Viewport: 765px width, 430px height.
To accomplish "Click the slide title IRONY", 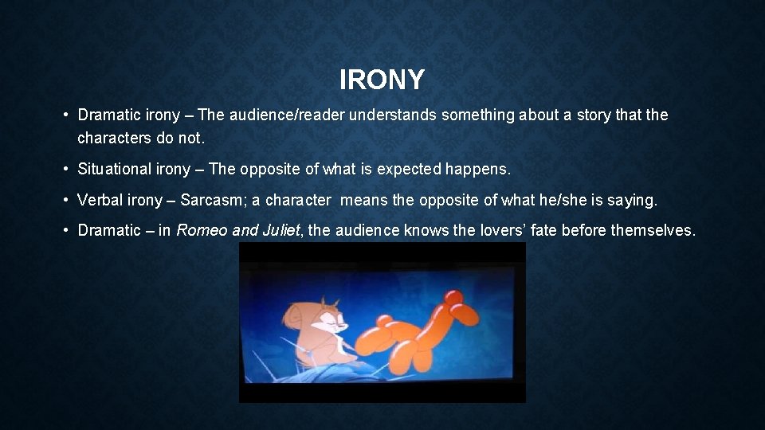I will (382, 80).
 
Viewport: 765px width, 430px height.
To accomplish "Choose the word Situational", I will (112, 170).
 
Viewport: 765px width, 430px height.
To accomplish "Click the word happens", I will (481, 170).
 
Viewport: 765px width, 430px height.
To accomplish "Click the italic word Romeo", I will (200, 231).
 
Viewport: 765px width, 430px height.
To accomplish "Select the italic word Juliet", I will (280, 231).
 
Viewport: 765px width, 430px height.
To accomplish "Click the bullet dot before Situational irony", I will (67, 170).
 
